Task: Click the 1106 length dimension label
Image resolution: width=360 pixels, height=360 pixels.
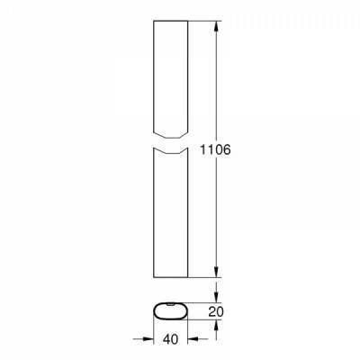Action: [215, 149]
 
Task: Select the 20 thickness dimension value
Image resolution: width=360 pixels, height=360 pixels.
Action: [216, 312]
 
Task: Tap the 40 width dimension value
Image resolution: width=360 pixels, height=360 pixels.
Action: [170, 339]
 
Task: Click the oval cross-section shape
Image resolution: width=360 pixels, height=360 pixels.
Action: [170, 311]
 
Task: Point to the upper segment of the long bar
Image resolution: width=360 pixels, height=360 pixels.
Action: [170, 79]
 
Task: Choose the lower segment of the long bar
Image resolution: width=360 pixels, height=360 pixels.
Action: [170, 212]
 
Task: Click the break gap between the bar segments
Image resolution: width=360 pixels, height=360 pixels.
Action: [170, 143]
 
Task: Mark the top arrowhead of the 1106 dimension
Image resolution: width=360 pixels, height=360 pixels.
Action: [216, 26]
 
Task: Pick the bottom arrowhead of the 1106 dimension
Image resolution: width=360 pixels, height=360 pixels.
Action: [216, 272]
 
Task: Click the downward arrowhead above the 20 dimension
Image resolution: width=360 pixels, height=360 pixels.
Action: [216, 297]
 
